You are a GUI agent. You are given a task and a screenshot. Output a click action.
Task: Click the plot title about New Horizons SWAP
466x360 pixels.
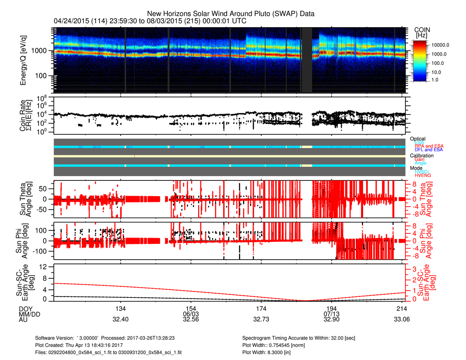pos(230,14)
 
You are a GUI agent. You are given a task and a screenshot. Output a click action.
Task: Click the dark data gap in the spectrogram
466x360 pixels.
pos(307,60)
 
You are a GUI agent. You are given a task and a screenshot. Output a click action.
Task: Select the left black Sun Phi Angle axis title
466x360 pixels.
pos(23,241)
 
